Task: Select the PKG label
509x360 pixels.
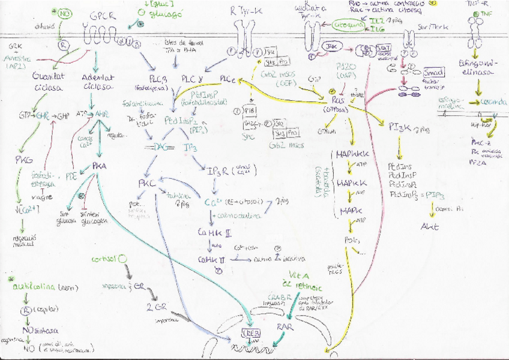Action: pyautogui.click(x=24, y=160)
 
